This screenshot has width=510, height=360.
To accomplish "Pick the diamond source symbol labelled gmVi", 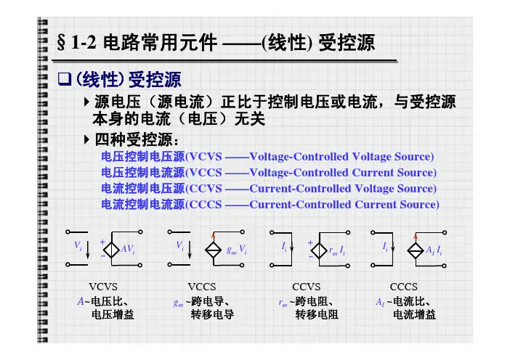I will coord(214,248).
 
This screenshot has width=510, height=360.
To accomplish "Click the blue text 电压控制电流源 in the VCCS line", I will coord(143,173).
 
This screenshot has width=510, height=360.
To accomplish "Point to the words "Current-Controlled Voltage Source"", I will coord(342,189).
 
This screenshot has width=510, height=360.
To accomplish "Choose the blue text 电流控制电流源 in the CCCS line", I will coord(143,205).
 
